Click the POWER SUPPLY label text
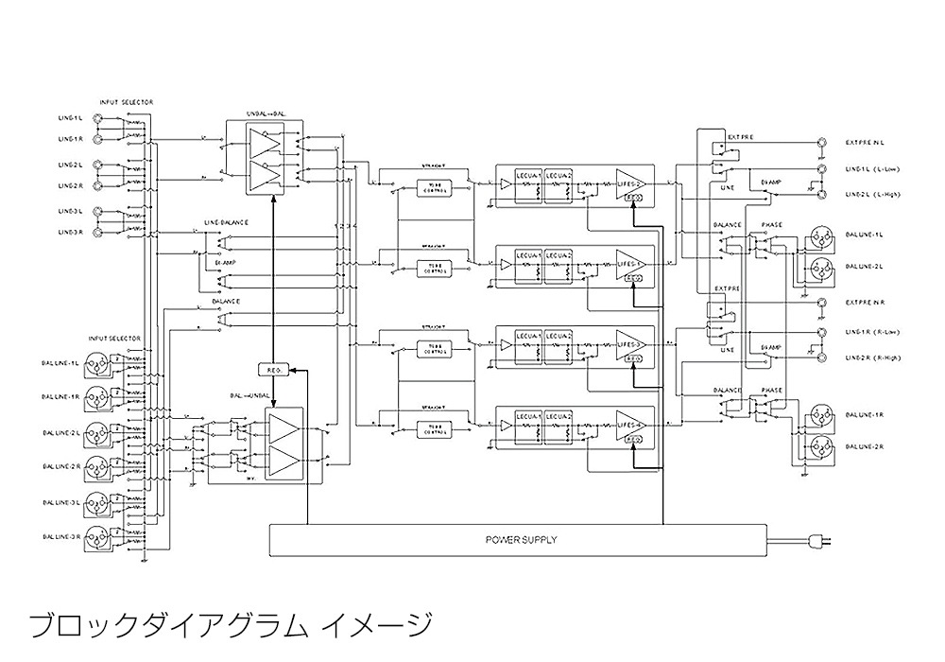point(521,540)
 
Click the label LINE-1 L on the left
point(70,118)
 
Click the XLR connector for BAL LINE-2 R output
point(817,445)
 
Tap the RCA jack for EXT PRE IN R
point(821,304)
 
